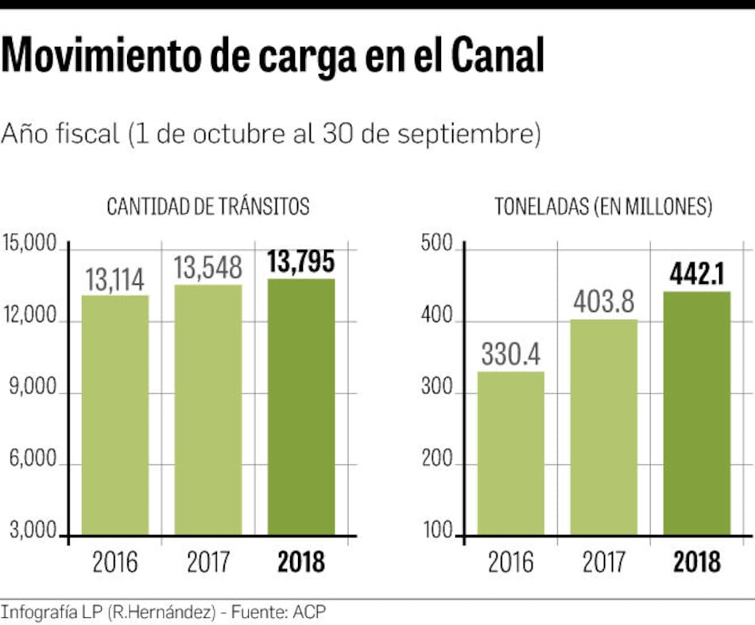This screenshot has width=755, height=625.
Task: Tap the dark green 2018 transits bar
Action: tap(301, 406)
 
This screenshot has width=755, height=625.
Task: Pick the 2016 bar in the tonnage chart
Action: tap(510, 452)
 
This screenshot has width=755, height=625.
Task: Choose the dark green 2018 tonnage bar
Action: tap(697, 413)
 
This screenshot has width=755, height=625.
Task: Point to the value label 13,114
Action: tap(115, 280)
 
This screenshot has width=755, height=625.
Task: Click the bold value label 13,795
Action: tap(301, 262)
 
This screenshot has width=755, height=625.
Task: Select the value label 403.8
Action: tap(604, 303)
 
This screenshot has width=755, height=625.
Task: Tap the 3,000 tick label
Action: tap(33, 530)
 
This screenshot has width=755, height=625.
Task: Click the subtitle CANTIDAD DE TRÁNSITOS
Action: tap(208, 207)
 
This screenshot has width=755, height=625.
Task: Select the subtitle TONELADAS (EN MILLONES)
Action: tap(603, 207)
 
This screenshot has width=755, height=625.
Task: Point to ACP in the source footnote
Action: tap(309, 611)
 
